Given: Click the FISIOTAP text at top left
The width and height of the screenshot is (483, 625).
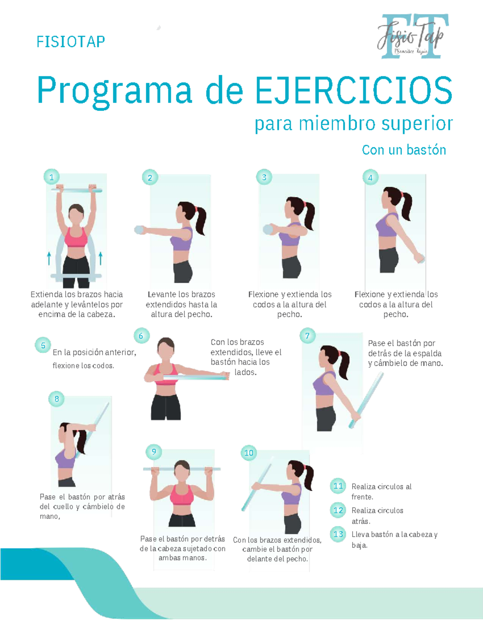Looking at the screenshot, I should tap(70, 41).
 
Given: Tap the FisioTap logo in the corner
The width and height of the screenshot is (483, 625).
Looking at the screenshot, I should tap(413, 36).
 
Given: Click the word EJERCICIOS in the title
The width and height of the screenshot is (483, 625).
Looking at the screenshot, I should tap(353, 91).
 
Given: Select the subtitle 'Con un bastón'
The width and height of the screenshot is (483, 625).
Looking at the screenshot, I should tap(404, 150).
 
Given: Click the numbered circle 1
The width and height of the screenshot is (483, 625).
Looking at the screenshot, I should tap(52, 177).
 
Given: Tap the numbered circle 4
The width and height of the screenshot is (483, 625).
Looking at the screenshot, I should tap(370, 177).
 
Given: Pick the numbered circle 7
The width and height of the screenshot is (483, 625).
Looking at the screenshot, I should tap(308, 336).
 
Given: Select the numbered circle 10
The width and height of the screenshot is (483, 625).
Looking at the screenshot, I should tap(249, 453).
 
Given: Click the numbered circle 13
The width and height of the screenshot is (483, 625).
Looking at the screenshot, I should tap(338, 534).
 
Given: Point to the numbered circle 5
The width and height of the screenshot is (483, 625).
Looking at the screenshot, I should tap(43, 345).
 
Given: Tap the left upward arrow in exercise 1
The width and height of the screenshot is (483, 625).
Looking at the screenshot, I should tap(49, 258).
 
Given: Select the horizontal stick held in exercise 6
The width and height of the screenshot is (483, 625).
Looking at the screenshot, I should tap(193, 377).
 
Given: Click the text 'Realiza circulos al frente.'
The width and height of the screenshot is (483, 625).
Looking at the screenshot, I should tap(381, 491).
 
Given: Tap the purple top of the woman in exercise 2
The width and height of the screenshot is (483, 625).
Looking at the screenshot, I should tap(181, 239).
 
